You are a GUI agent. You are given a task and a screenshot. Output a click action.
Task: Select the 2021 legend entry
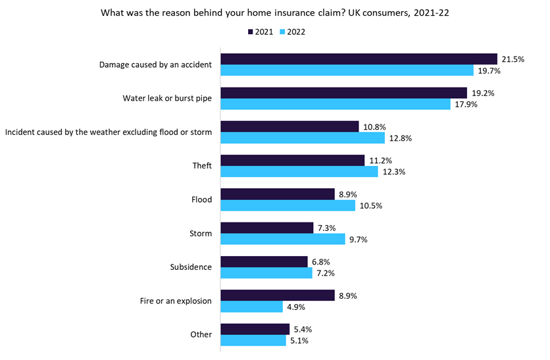pyautogui.click(x=260, y=31)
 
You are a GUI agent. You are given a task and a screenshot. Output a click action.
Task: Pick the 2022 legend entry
pyautogui.click(x=292, y=31)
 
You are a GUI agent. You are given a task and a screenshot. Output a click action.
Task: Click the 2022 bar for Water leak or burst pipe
pyautogui.click(x=335, y=104)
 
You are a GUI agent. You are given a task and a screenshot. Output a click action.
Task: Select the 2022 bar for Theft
pyautogui.click(x=299, y=172)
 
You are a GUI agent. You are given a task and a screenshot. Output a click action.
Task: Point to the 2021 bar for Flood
pyautogui.click(x=277, y=194)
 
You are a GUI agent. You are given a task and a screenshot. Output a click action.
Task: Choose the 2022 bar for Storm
pyautogui.click(x=282, y=240)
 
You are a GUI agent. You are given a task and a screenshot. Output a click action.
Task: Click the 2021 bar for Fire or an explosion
pyautogui.click(x=277, y=296)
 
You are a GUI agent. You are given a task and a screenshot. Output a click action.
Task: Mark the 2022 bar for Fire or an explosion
pyautogui.click(x=251, y=307)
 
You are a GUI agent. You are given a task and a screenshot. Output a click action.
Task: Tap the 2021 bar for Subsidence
pyautogui.click(x=264, y=261)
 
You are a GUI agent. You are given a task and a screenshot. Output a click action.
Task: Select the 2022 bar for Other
pyautogui.click(x=253, y=340)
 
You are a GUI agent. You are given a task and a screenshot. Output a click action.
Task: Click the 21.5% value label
pyautogui.click(x=512, y=59)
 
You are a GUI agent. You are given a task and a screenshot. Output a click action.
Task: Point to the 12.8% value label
pyautogui.click(x=400, y=138)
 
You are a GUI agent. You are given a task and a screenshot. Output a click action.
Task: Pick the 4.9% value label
pyautogui.click(x=297, y=307)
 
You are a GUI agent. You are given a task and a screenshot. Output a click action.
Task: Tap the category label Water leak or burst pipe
pyautogui.click(x=167, y=98)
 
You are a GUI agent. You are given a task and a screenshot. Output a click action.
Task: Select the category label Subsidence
pyautogui.click(x=191, y=267)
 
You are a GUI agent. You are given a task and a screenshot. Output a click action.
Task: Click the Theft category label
pyautogui.click(x=202, y=166)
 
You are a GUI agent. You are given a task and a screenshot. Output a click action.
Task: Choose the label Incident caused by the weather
pyautogui.click(x=109, y=132)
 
